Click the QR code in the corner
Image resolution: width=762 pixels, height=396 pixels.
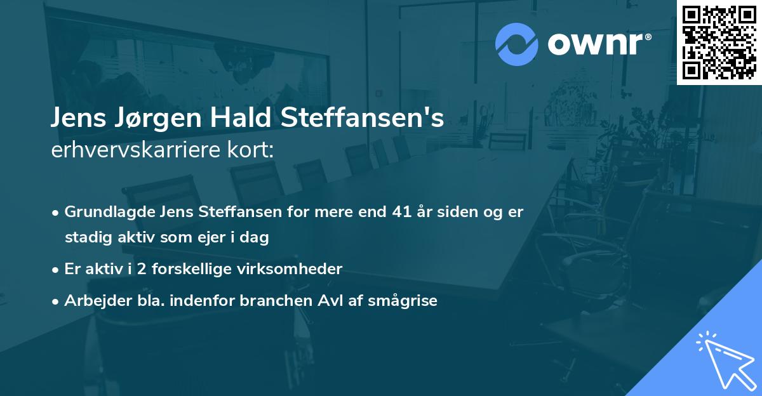(x=719, y=42)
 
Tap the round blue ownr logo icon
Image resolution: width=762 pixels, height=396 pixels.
(x=516, y=44)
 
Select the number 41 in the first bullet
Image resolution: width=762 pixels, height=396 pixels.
(x=403, y=212)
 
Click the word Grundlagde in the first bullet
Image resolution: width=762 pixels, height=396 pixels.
(x=102, y=212)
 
